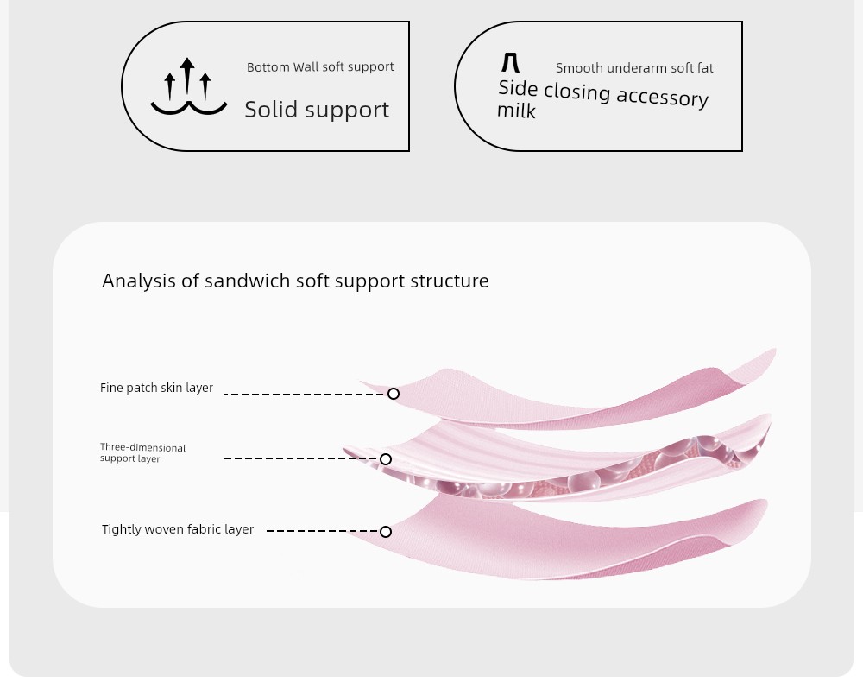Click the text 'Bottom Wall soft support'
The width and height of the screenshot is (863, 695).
[320, 67]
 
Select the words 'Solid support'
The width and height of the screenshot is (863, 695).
[317, 110]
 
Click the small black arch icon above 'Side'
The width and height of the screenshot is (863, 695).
[510, 62]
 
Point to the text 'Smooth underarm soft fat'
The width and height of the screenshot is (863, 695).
[634, 68]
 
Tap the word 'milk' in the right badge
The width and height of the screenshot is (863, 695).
[516, 111]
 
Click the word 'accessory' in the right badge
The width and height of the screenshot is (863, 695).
[662, 98]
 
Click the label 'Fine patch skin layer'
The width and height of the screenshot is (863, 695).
[156, 388]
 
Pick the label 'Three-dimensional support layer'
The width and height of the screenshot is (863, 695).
[142, 453]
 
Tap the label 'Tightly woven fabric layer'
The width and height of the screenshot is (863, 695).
[177, 529]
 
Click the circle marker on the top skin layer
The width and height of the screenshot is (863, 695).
[393, 394]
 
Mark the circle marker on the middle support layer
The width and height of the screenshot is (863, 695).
[386, 459]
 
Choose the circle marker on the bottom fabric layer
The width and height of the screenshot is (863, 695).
[386, 532]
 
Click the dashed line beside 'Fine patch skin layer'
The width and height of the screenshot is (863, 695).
[306, 395]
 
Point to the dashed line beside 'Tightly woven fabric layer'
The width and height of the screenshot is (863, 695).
[323, 531]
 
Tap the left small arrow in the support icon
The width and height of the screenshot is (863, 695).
[170, 86]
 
